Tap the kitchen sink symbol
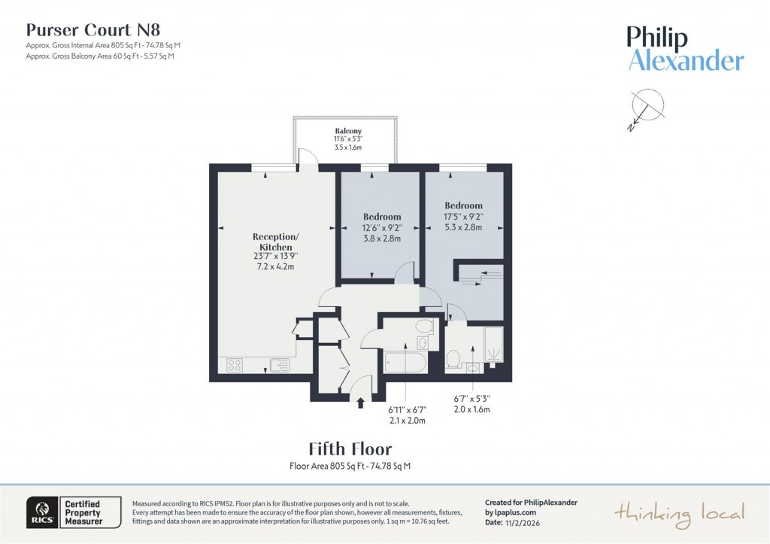point(280,365)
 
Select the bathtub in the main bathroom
point(405,363)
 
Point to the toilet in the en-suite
point(453,359)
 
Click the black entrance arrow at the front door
point(361,403)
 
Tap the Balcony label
point(348,131)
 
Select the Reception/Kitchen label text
point(275,242)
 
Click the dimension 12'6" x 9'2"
point(382,228)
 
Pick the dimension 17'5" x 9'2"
point(463,217)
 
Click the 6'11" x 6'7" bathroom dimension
point(407,410)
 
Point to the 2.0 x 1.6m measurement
point(471,409)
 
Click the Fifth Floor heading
point(350,449)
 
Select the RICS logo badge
point(40,511)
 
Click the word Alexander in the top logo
point(686,61)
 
